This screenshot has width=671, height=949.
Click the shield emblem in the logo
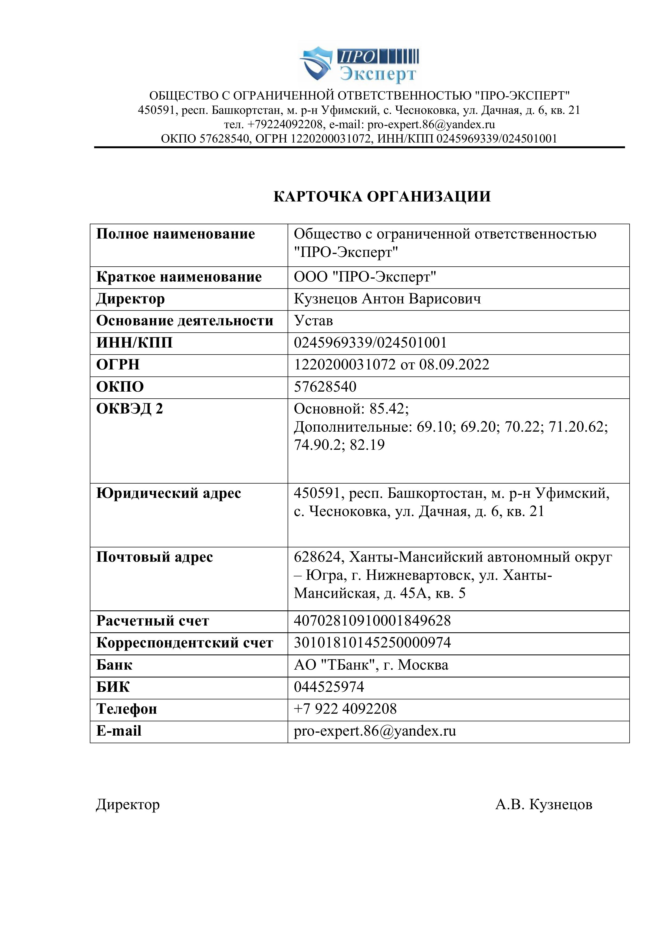coord(316,64)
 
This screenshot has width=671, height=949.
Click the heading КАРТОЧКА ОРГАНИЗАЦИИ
coord(382,196)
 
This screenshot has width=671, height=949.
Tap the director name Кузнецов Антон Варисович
coord(387,299)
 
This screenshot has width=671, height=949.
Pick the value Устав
coord(313,321)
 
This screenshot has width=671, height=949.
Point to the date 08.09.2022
coord(454,365)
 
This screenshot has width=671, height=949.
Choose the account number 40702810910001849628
coord(372,621)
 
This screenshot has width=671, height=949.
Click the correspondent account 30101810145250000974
coord(372,643)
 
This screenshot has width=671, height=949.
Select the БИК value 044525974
coord(329,687)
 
